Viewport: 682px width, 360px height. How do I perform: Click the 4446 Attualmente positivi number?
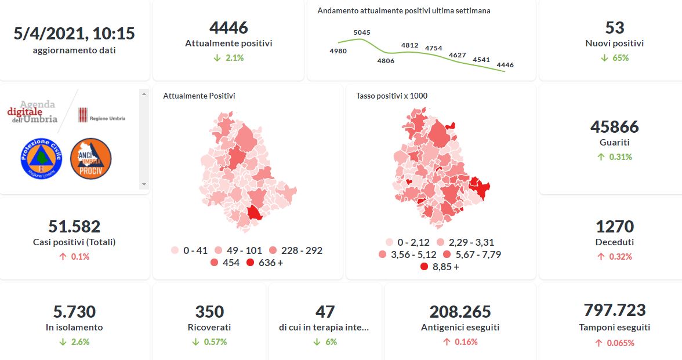[228, 27]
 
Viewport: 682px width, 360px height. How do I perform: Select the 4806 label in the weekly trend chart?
[386, 61]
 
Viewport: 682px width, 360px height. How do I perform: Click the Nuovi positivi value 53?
[614, 27]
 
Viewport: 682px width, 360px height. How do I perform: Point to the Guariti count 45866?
[614, 126]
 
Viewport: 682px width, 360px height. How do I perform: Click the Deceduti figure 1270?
[614, 226]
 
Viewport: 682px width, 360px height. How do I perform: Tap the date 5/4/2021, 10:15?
[74, 34]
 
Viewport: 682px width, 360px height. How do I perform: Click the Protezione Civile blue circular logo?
[41, 158]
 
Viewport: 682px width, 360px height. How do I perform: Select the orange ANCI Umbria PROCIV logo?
[90, 158]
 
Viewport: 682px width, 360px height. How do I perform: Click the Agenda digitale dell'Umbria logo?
[33, 111]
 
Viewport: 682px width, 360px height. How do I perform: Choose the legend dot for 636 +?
[250, 263]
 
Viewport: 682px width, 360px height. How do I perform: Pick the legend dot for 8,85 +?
[424, 267]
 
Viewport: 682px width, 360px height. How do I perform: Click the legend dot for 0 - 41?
[175, 250]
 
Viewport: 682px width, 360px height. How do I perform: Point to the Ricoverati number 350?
[209, 311]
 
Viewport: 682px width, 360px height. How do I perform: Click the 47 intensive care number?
[325, 311]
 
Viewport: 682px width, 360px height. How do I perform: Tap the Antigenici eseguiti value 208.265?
[460, 311]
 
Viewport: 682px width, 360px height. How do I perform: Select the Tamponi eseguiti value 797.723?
[614, 310]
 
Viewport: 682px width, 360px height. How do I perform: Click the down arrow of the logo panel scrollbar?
[144, 184]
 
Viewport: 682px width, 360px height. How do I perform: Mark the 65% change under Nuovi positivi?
[619, 58]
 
